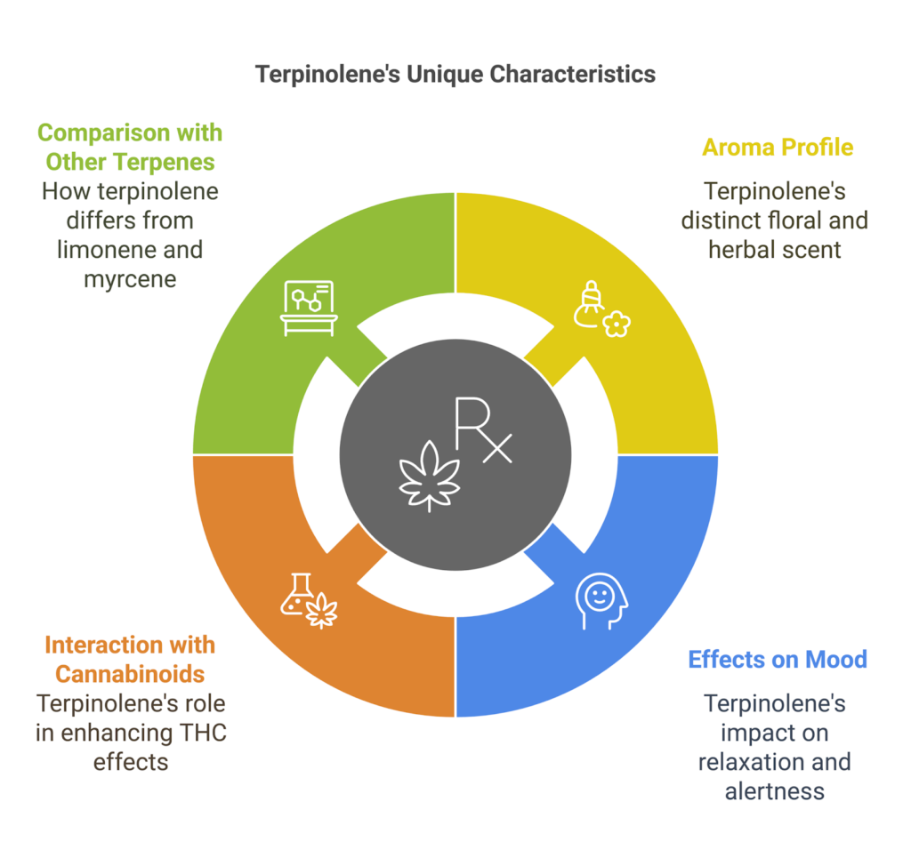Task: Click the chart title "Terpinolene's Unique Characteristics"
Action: tap(455, 74)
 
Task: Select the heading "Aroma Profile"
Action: tap(778, 147)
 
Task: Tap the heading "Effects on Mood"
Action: tap(778, 660)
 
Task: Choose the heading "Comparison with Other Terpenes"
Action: tap(130, 147)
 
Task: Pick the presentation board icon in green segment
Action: tap(308, 308)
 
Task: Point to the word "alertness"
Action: tap(774, 790)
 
